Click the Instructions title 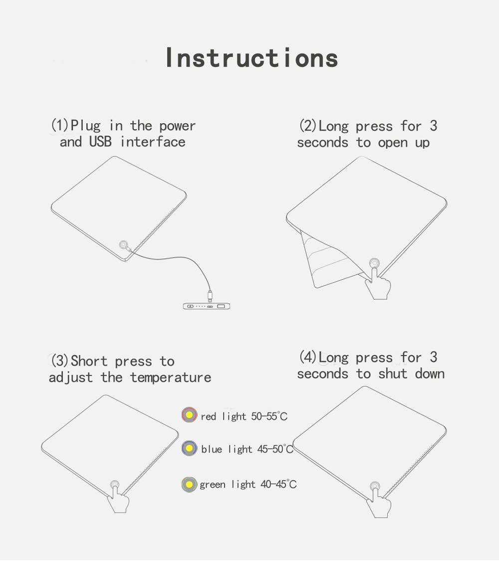click(252, 58)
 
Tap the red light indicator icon click(189, 415)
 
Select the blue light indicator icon click(189, 448)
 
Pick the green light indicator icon click(189, 485)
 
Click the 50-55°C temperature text click(269, 416)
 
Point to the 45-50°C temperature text click(275, 449)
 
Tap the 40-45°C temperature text click(278, 484)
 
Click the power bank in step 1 click(207, 306)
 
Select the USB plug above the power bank click(210, 296)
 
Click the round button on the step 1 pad click(123, 245)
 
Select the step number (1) click(59, 125)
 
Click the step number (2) click(308, 126)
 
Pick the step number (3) click(59, 361)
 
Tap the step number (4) click(308, 357)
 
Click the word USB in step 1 click(100, 142)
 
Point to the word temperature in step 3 click(170, 378)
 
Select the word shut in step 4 click(393, 374)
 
